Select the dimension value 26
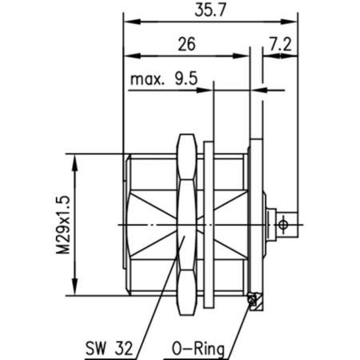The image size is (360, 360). click(187, 46)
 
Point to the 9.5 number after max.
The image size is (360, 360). click(187, 79)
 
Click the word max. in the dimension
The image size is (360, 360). click(149, 79)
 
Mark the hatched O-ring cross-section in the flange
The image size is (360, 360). click(253, 299)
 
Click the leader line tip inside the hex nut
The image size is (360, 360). click(185, 238)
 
